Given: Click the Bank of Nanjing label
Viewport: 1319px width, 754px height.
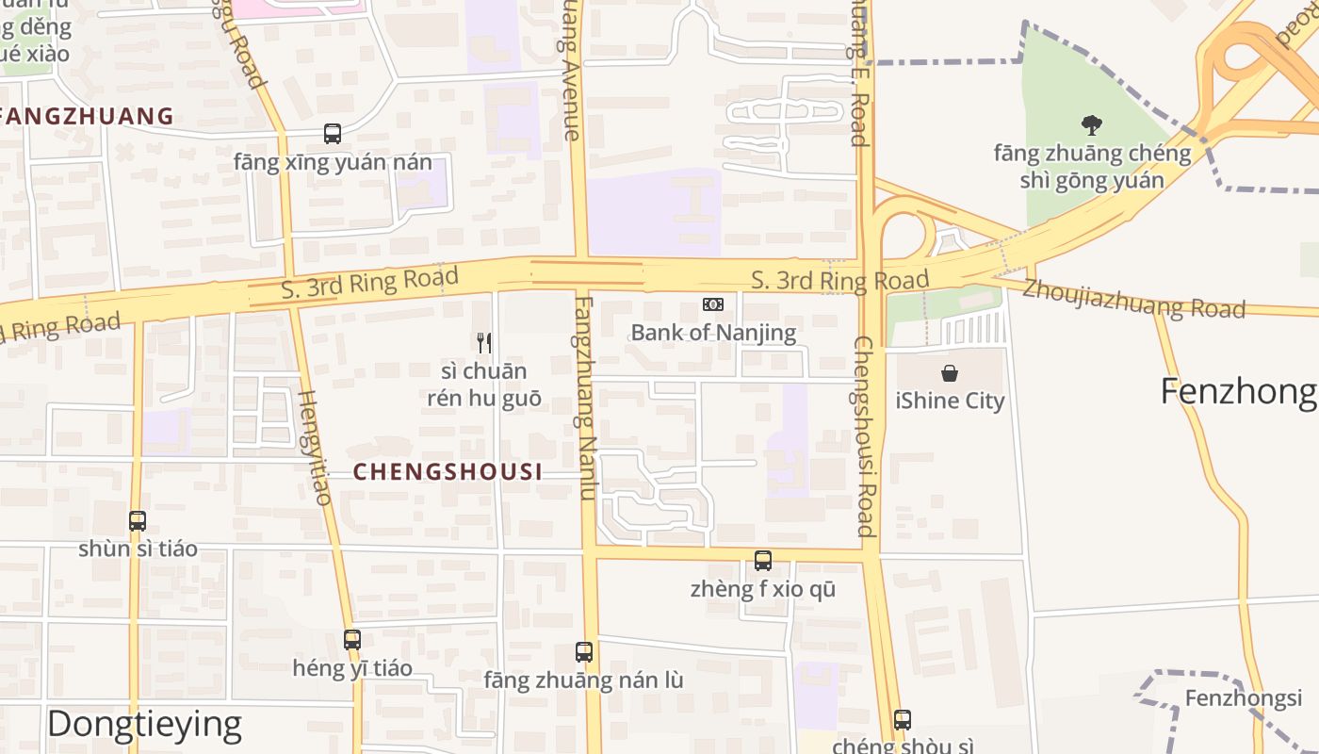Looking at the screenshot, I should (713, 332).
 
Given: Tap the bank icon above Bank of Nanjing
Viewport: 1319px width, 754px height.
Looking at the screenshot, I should (713, 304).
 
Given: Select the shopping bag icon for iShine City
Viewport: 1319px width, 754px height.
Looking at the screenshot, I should (950, 373).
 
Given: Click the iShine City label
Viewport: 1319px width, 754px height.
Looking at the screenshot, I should (950, 401).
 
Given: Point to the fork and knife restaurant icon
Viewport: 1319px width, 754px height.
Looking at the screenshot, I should (484, 342).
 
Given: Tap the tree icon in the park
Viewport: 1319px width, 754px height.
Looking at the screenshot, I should (1092, 124).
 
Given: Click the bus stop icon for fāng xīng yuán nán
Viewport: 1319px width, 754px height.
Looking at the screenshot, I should (333, 134).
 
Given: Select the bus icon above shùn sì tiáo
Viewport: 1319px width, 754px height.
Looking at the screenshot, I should (138, 520).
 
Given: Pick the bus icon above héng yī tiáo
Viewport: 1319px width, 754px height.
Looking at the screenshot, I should (352, 639).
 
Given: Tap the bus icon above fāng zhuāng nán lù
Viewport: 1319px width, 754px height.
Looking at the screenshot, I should (584, 651).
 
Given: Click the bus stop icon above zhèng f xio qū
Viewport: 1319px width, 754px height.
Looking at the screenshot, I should (763, 561).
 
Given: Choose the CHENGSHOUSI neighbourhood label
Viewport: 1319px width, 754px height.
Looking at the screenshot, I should (448, 472).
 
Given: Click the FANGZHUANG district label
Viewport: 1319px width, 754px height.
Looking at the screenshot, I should (87, 117).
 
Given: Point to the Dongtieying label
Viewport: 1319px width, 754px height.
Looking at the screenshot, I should (144, 724).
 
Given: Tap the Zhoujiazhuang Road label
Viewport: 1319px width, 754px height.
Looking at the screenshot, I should (1133, 300).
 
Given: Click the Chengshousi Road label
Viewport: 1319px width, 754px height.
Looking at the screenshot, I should (865, 435).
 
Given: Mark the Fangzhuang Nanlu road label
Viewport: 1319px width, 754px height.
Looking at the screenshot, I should (586, 398).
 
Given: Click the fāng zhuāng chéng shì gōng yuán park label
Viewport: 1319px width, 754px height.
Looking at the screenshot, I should (1092, 166).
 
